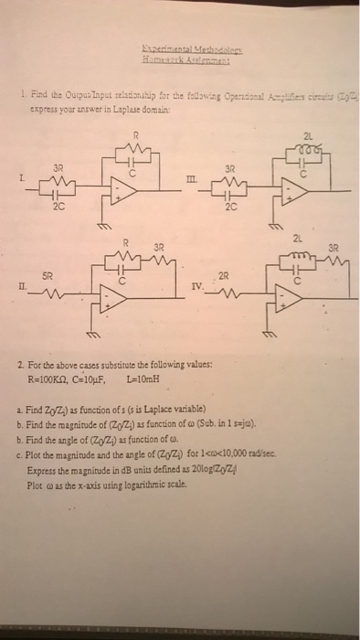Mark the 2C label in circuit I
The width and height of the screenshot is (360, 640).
click(58, 207)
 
